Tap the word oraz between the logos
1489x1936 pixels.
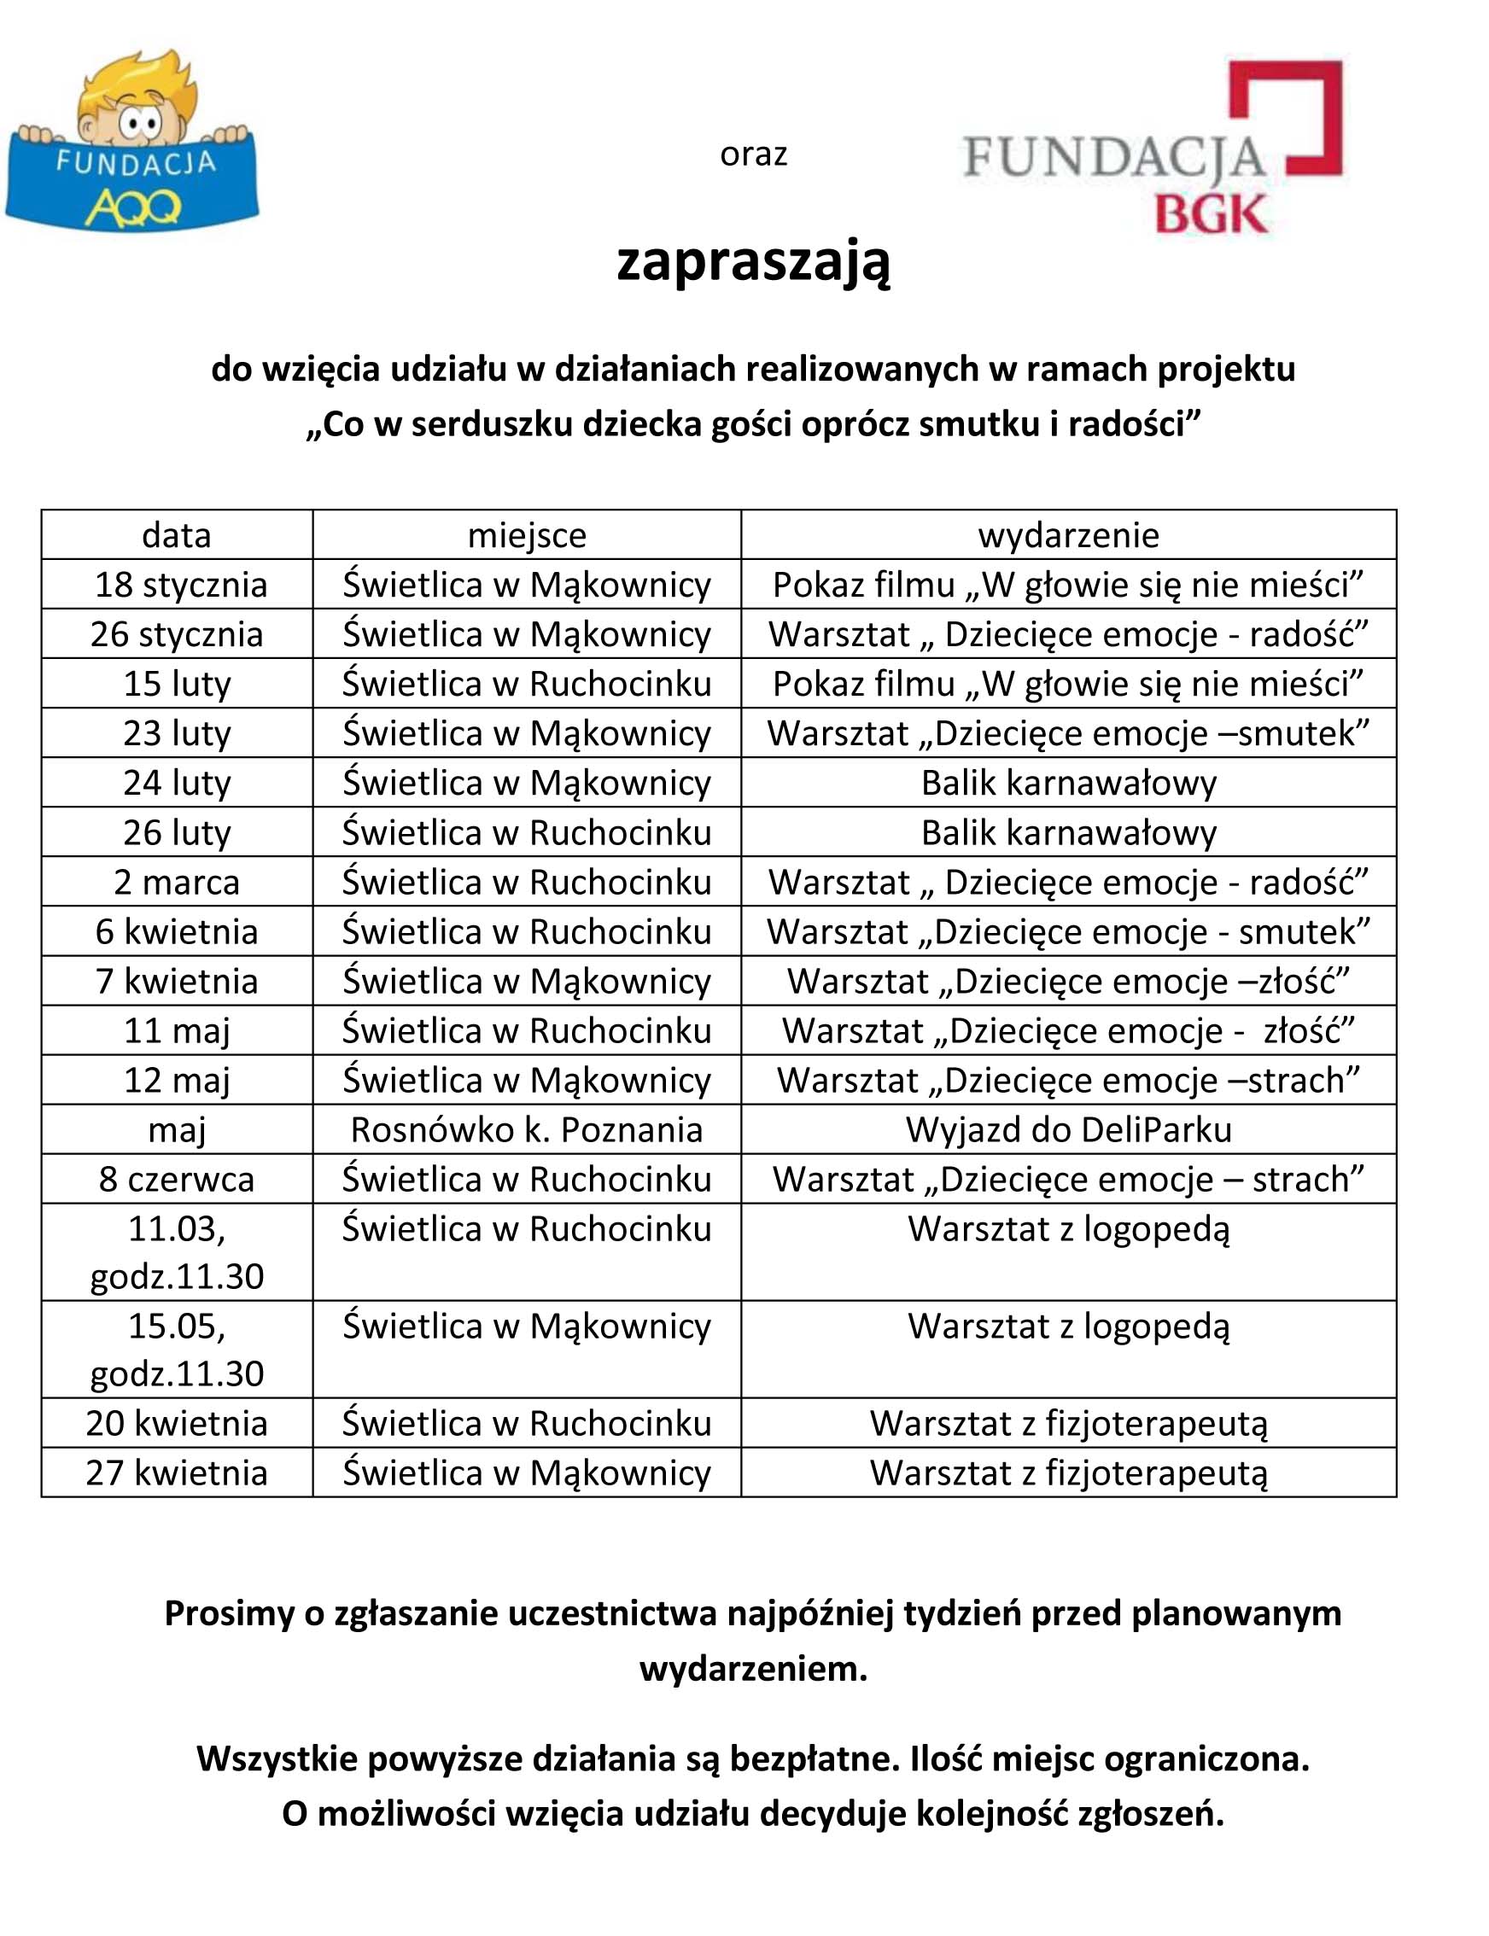[x=752, y=155]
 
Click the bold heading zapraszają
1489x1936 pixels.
[x=752, y=261]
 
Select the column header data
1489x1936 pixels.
[x=177, y=535]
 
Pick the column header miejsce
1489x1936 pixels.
[x=527, y=535]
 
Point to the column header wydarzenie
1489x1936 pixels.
[x=1068, y=535]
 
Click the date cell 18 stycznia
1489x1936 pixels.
[x=180, y=585]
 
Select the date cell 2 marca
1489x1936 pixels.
[x=177, y=883]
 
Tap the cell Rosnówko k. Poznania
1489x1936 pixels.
[x=527, y=1129]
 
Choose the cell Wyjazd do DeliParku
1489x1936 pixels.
[x=1068, y=1129]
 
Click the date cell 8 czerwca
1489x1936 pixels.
[x=177, y=1180]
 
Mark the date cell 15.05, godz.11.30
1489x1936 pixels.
[x=177, y=1350]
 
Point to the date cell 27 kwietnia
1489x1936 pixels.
[x=177, y=1472]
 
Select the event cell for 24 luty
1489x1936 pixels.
[x=1068, y=784]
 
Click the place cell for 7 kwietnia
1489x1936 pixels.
[x=527, y=982]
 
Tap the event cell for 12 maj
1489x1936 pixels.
[x=1068, y=1081]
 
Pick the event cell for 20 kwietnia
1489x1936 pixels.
[x=1068, y=1423]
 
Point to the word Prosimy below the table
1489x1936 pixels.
[x=229, y=1613]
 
